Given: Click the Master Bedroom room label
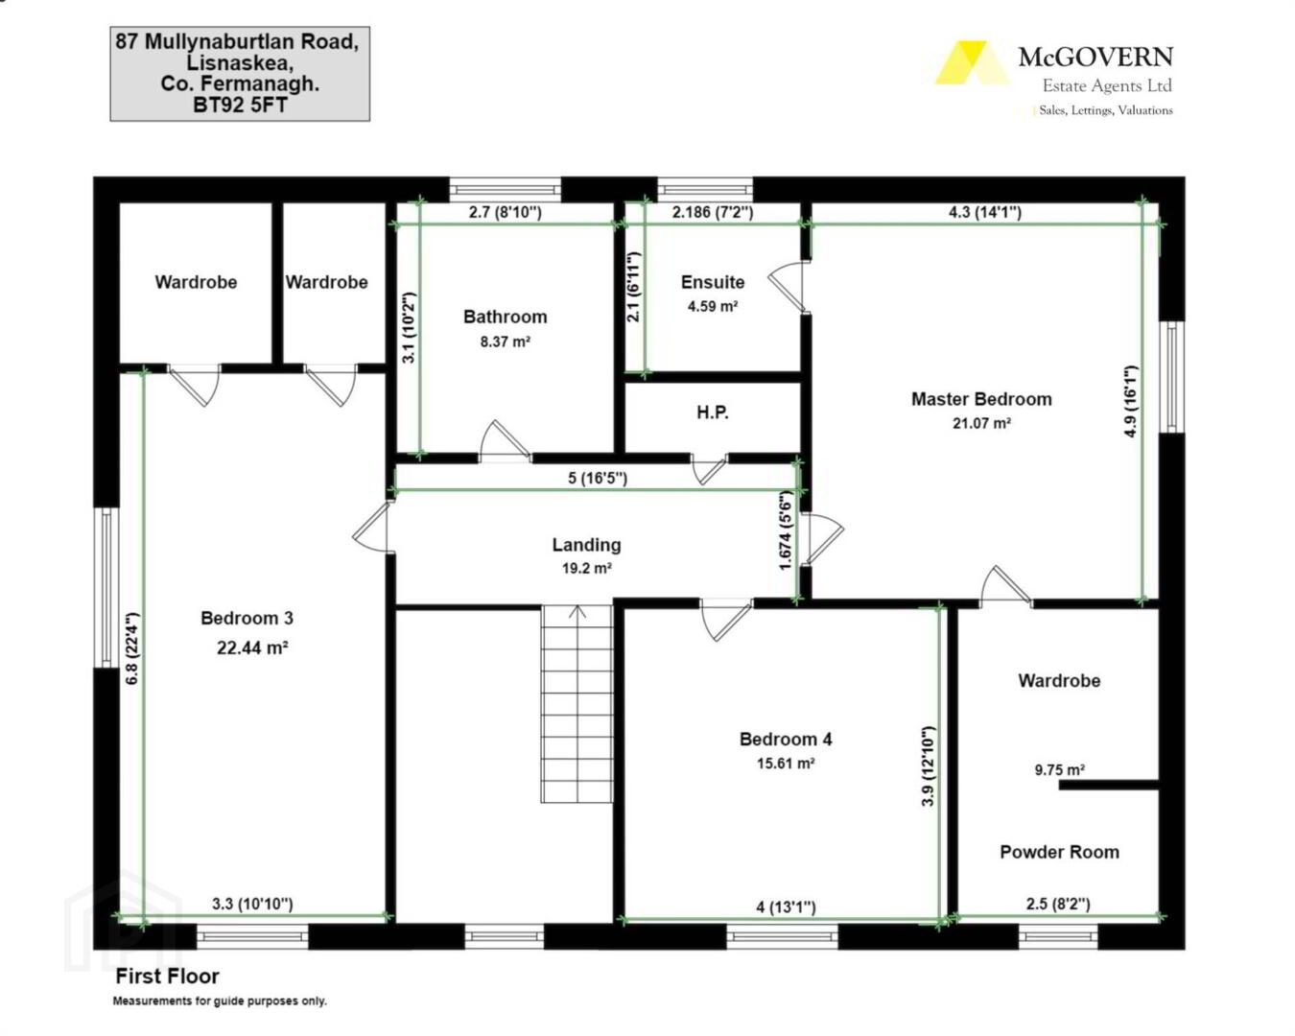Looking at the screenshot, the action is [x=981, y=399].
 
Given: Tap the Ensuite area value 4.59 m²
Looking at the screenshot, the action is [x=713, y=306].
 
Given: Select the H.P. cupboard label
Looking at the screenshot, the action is [x=713, y=412].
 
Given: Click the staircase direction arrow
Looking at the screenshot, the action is [x=577, y=613].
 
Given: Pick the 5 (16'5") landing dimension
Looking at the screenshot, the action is [x=597, y=478].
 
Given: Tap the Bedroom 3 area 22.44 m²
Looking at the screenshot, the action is [x=252, y=647].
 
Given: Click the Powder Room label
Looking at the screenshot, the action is [x=1059, y=852].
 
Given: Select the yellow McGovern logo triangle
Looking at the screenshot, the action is [x=971, y=62].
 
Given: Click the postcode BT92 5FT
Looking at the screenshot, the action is [x=240, y=106].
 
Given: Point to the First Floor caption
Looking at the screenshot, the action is [x=167, y=977].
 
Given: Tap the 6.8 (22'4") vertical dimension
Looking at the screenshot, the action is [x=132, y=647].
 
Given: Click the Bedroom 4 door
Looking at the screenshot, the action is [x=727, y=619].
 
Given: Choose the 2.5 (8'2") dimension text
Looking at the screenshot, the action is [x=1058, y=904].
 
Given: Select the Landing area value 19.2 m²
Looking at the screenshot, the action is [x=587, y=568].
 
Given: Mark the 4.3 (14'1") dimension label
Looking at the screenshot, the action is [x=984, y=212].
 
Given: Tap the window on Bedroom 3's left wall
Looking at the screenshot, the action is [x=106, y=587].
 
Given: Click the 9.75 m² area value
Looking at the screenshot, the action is [x=1060, y=770].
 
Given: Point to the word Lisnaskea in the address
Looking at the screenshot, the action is [x=240, y=62].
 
